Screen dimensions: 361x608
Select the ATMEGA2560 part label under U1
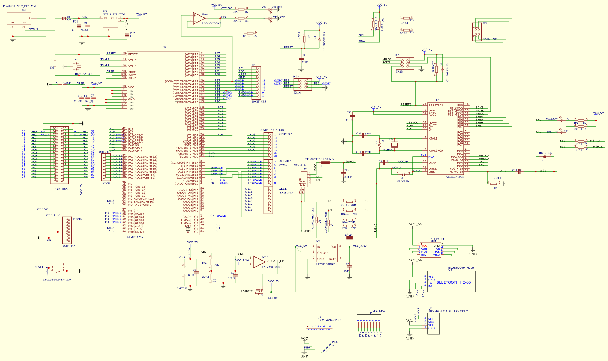pos(136,237)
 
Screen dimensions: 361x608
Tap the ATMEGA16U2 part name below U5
pos(454,177)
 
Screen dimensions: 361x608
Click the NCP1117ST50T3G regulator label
pos(114,14)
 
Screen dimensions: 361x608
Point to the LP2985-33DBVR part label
pos(326,264)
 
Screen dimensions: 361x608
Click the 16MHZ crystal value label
pos(387,150)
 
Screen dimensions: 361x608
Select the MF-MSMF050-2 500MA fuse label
pos(319,159)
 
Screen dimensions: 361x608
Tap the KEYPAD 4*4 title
pos(377,311)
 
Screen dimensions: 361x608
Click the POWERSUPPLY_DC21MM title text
pos(19,6)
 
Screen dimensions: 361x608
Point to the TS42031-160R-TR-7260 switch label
pos(57,280)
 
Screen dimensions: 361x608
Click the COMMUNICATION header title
pos(272,130)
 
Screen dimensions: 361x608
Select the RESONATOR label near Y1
pos(83,74)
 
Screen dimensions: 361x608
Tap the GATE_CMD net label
pos(279,261)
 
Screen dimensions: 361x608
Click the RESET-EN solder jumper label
pos(545,153)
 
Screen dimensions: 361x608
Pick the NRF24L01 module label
pos(437,239)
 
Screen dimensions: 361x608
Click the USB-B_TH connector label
pos(301,165)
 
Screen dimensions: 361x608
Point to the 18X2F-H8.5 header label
pos(60,189)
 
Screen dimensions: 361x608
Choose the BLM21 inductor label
pos(349,236)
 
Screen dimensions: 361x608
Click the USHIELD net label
pos(307,231)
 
